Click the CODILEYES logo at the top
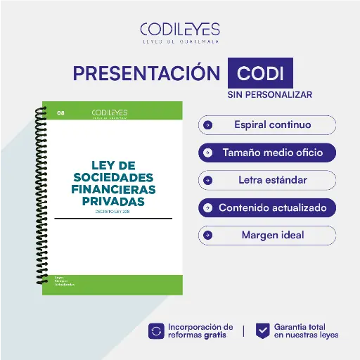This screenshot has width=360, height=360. pyautogui.click(x=180, y=32)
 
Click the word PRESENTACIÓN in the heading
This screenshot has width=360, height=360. pyautogui.click(x=146, y=73)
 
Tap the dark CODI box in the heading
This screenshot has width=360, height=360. pyautogui.click(x=260, y=73)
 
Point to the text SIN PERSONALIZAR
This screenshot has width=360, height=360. pyautogui.click(x=270, y=94)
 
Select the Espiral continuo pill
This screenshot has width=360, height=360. pyautogui.click(x=267, y=125)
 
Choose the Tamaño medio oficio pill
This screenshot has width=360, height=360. pyautogui.click(x=267, y=152)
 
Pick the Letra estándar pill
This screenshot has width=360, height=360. pyautogui.click(x=267, y=180)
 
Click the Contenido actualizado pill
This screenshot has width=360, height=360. pyautogui.click(x=267, y=208)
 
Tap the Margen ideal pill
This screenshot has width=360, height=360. pyautogui.click(x=267, y=235)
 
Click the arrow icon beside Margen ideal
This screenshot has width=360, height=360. pyautogui.click(x=208, y=235)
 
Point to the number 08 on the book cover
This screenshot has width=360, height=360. pyautogui.click(x=61, y=112)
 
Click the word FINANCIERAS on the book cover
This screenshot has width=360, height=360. pyautogui.click(x=114, y=190)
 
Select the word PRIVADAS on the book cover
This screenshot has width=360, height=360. pyautogui.click(x=114, y=202)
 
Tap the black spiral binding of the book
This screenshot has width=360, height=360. pyautogui.click(x=40, y=190)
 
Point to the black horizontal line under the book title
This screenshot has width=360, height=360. pyautogui.click(x=112, y=219)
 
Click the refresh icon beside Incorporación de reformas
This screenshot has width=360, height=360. pyautogui.click(x=156, y=330)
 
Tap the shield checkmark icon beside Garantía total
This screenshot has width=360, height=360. pyautogui.click(x=262, y=330)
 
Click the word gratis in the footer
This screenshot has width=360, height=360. pyautogui.click(x=215, y=335)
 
